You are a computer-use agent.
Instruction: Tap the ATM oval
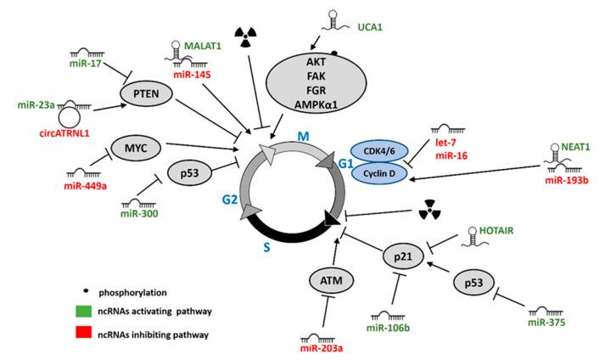tap(324, 276)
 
